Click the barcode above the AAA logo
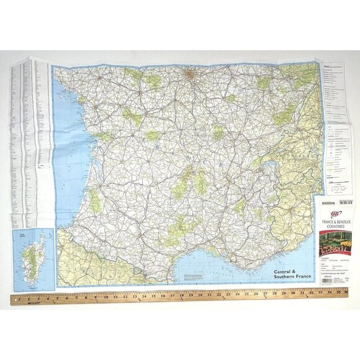[x=340, y=200]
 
